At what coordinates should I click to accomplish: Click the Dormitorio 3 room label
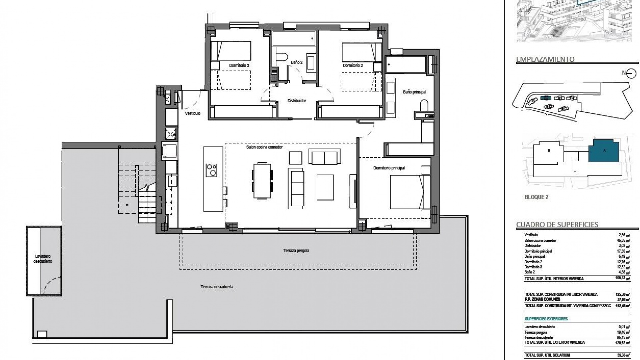[x=239, y=66]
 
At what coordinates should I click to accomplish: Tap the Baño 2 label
[x=296, y=62]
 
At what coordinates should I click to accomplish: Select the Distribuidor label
[x=297, y=101]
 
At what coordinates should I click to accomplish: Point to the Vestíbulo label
[x=193, y=114]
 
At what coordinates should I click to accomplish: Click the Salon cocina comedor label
[x=264, y=147]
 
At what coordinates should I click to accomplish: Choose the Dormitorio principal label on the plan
[x=389, y=168]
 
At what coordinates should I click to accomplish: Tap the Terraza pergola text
[x=296, y=251]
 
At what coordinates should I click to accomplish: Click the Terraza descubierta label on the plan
[x=217, y=287]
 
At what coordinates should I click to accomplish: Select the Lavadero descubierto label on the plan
[x=43, y=259]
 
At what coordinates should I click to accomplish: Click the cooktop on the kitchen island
[x=211, y=170]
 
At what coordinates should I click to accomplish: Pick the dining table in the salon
[x=262, y=180]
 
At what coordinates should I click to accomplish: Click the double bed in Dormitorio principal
[x=410, y=192]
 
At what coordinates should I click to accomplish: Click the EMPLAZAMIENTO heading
[x=545, y=59]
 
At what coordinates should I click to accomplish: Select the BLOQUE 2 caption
[x=536, y=197]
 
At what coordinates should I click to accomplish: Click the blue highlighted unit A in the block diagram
[x=604, y=151]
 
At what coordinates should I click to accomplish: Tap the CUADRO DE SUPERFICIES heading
[x=557, y=224]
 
